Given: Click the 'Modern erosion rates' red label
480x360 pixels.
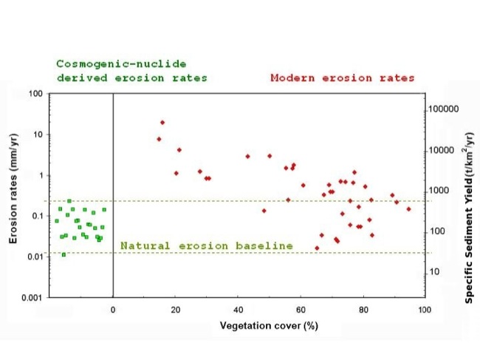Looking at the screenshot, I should (343, 78).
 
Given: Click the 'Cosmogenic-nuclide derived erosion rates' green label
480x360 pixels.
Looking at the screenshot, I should (132, 71).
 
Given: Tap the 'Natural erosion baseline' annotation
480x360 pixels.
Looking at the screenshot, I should (207, 245).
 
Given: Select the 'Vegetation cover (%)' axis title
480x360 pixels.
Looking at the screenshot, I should (269, 326).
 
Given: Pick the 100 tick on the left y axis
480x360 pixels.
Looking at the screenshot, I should (35, 94).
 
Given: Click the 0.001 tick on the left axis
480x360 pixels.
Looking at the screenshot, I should (31, 297).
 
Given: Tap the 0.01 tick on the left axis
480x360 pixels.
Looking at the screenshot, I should (33, 257).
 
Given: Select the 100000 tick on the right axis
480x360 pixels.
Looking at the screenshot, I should (444, 109).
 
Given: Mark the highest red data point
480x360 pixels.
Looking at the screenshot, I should (162, 123).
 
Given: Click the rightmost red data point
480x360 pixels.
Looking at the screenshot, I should (408, 209).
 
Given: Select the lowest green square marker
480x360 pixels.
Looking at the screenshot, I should (64, 255).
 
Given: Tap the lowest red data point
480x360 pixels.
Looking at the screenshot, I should (317, 248).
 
